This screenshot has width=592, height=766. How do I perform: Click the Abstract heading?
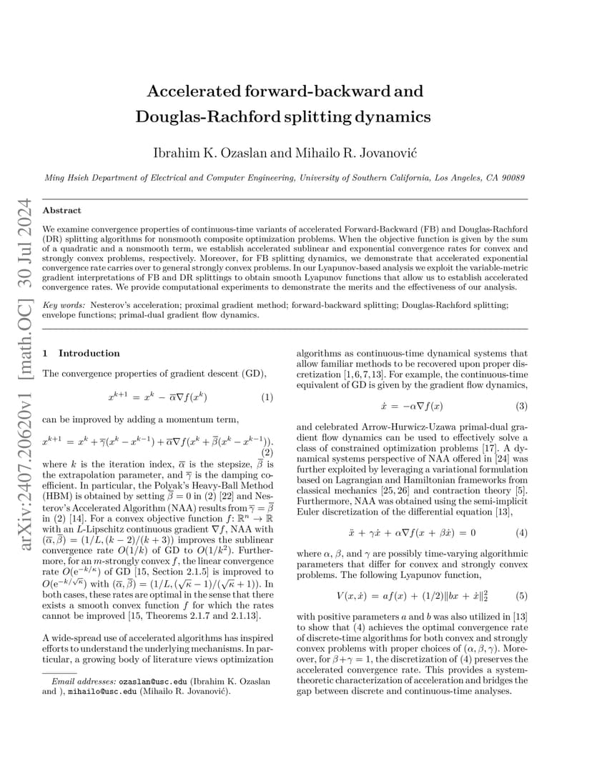(62, 211)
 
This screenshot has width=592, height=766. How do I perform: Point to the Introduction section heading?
(89, 353)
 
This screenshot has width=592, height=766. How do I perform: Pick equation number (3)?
(521, 406)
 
